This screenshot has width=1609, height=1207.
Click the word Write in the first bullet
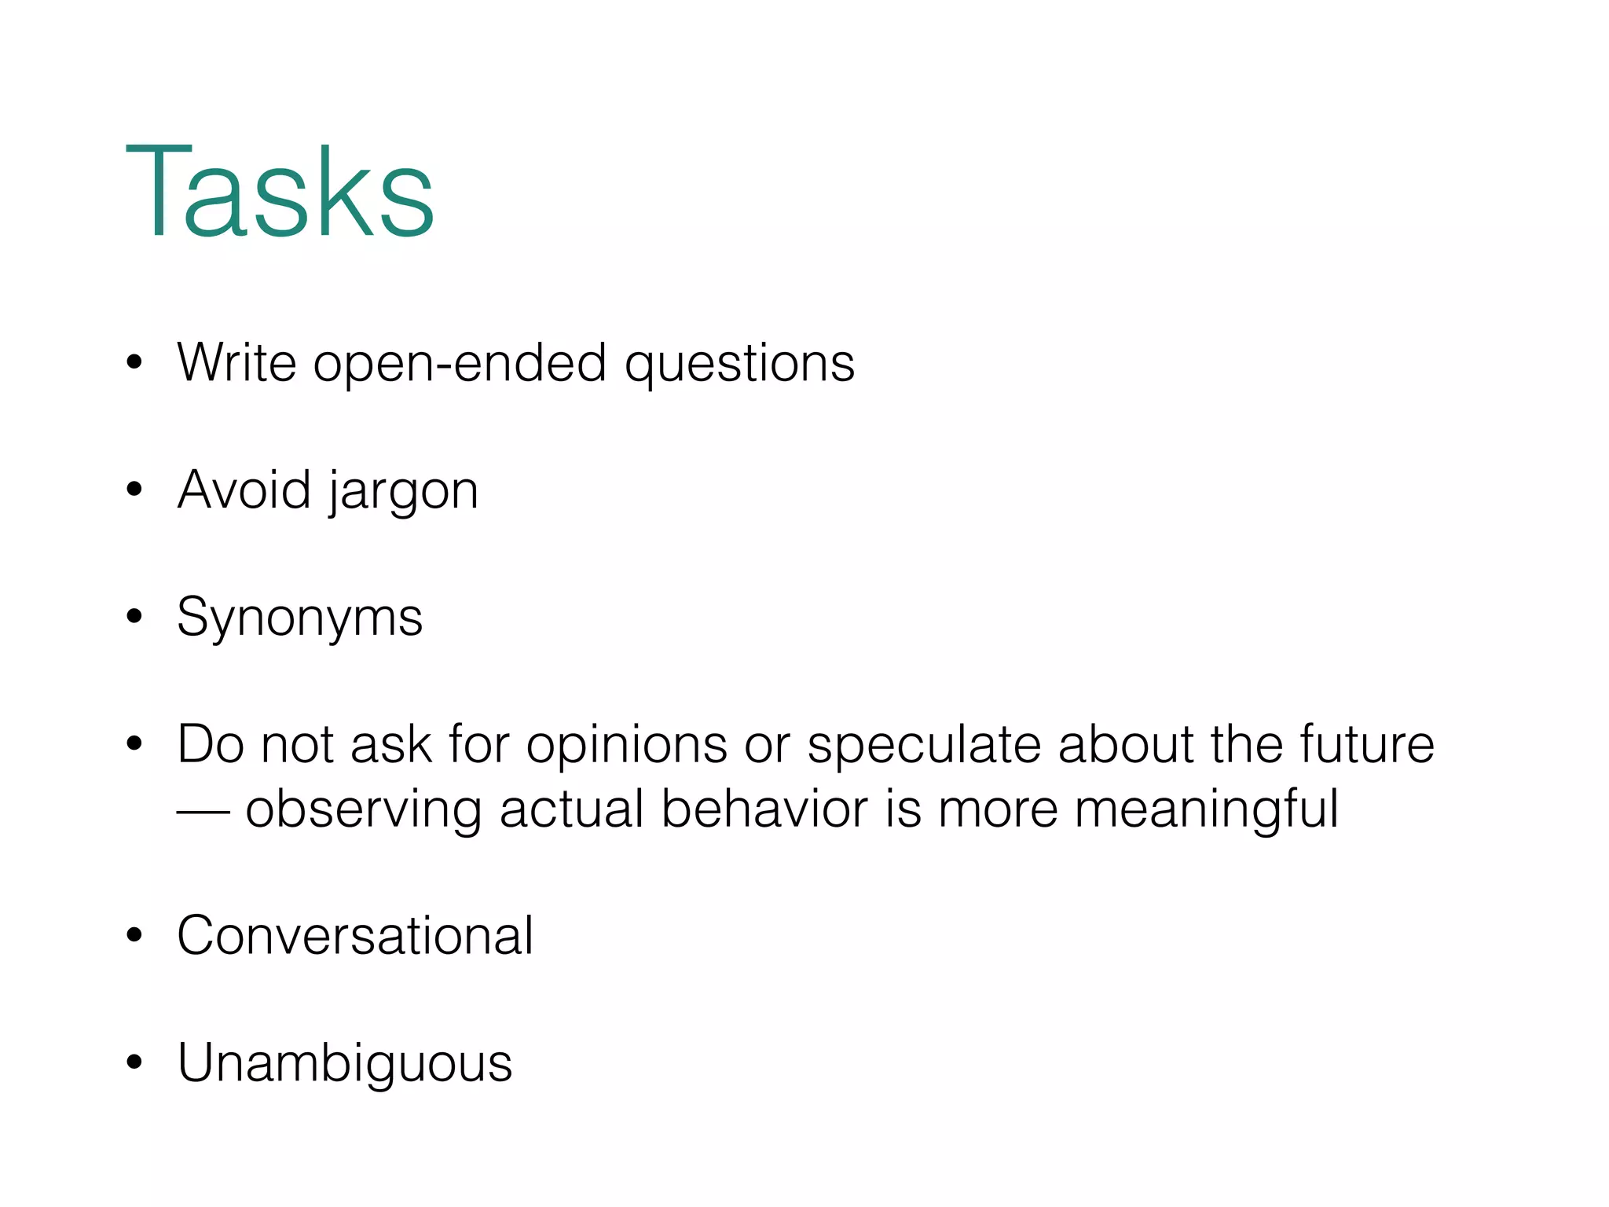click(236, 363)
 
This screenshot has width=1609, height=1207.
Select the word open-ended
click(460, 363)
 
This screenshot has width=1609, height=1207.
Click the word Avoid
click(244, 490)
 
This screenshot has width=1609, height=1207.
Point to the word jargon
click(403, 492)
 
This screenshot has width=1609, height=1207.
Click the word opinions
click(626, 745)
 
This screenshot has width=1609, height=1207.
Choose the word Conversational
click(355, 936)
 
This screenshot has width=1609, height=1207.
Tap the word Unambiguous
click(344, 1063)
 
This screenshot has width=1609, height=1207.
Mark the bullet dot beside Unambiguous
click(134, 1062)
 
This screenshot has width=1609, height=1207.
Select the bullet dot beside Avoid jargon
click(134, 490)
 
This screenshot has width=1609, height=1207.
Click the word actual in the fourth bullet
click(572, 809)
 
